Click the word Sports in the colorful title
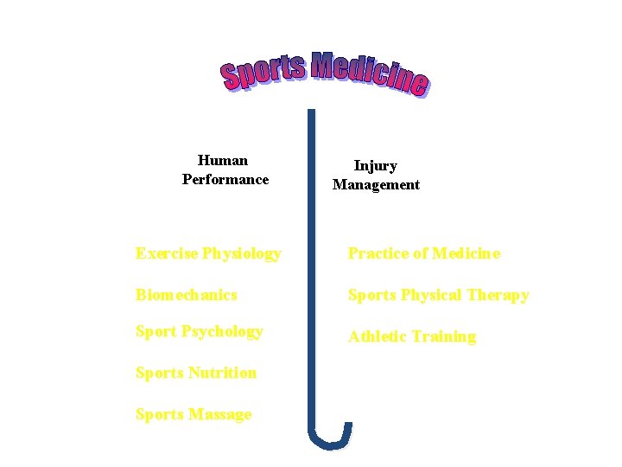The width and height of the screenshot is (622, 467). point(263,70)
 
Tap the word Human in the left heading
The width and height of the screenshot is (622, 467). point(223,160)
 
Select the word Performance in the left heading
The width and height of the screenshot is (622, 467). point(225,179)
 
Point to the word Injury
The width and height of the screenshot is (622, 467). point(376,165)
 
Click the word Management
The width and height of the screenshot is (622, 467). point(376,184)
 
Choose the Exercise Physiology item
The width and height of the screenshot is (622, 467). point(208,253)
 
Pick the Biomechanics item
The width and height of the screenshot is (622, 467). point(186,295)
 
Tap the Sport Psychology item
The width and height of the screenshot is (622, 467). point(199,331)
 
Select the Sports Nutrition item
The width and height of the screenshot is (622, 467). point(196,373)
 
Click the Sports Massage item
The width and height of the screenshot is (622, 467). point(194,414)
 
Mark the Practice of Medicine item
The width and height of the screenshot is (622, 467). point(423,253)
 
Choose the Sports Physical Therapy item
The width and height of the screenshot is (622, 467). point(438,295)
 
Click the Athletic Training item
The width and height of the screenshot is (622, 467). point(411,336)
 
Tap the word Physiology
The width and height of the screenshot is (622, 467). point(242,253)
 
